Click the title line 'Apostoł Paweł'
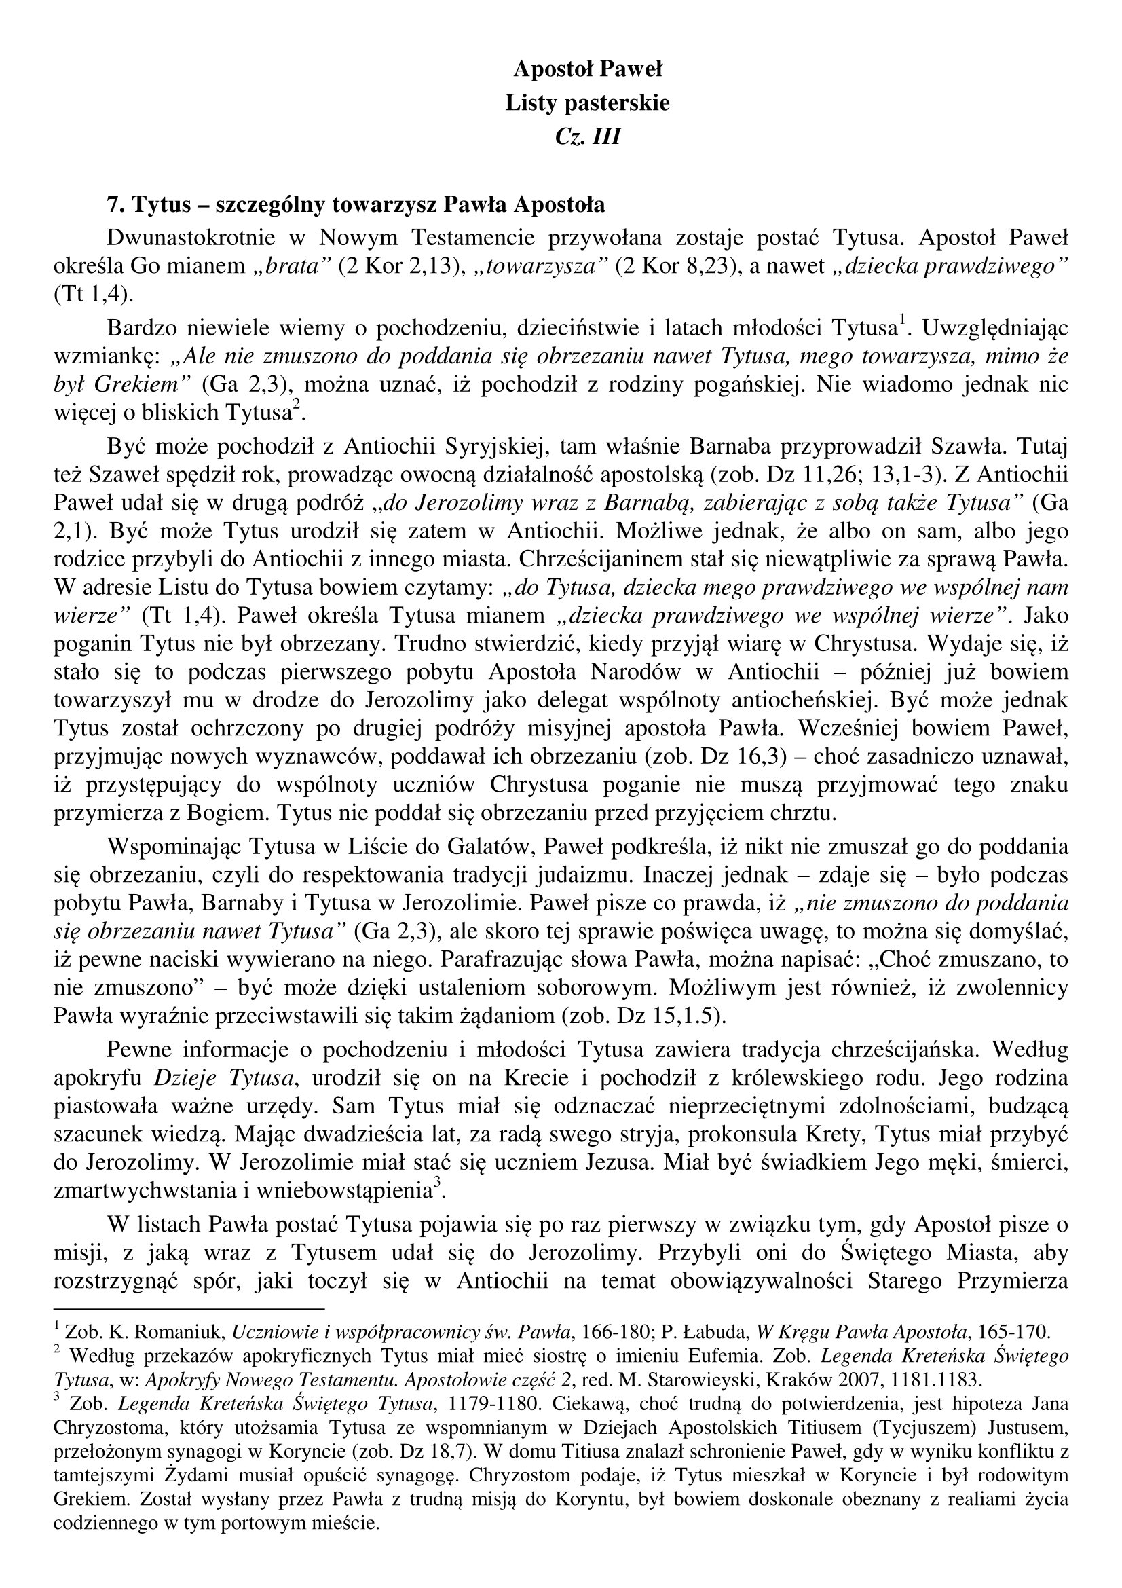(588, 69)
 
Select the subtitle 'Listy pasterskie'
(588, 103)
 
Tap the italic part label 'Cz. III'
(588, 137)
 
